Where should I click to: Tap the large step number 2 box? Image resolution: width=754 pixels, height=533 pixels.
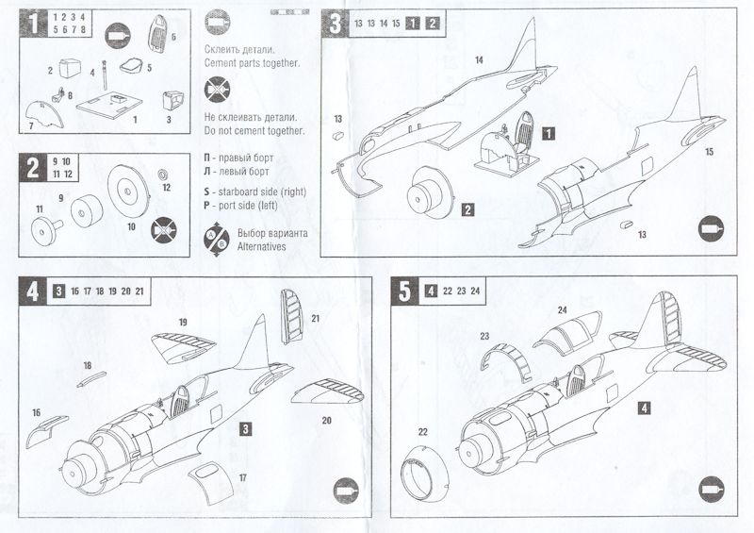tap(33, 167)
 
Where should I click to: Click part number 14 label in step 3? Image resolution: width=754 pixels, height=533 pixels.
tap(479, 60)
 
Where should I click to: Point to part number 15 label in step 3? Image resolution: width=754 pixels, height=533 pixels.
tap(709, 151)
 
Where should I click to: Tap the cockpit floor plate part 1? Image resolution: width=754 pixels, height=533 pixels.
tap(112, 105)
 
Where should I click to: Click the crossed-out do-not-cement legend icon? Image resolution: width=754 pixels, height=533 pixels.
tap(216, 91)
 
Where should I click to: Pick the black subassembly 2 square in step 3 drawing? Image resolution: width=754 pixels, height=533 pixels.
tap(467, 211)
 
